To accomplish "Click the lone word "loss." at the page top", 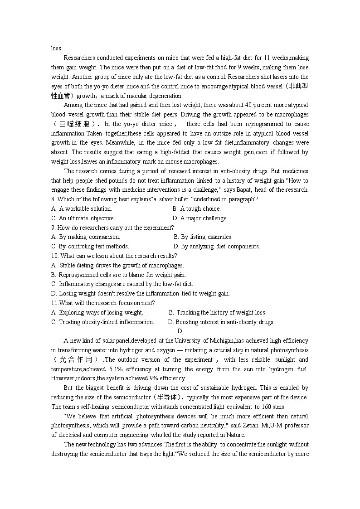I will coord(57,48).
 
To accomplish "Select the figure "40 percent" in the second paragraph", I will coord(256,105).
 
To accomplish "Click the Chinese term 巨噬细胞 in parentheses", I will coord(75,124).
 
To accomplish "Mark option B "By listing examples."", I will coord(203,237).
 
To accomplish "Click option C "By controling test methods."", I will coord(90,247).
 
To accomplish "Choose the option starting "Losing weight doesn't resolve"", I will coord(141,294).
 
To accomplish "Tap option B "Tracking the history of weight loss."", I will coord(218,313).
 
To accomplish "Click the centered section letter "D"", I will coord(180,331).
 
